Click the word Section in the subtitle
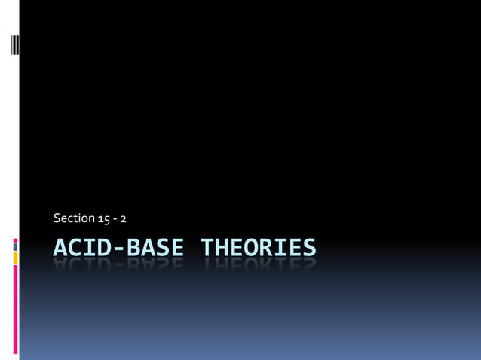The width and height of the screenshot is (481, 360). pos(74,218)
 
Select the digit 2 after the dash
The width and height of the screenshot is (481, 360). pos(123,218)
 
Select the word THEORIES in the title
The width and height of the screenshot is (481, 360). pos(258,247)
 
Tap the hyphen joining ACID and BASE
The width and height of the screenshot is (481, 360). pos(117,248)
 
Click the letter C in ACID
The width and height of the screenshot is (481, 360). pos(74,247)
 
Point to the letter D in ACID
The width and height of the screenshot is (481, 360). pos(103,247)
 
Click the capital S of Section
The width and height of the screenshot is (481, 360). pos(57,218)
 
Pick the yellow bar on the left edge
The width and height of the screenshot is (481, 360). pos(15,258)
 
